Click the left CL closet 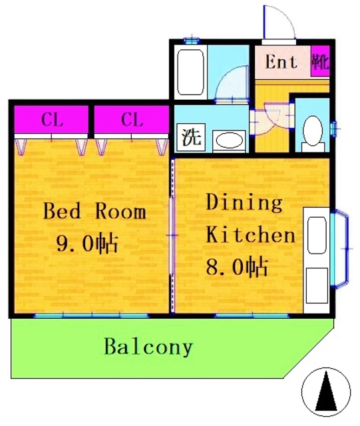(x=52, y=120)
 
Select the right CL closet (x=132, y=120)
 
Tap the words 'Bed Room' (x=94, y=212)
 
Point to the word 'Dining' (x=244, y=202)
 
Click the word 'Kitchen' (x=250, y=235)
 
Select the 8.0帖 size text (x=236, y=268)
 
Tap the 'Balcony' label (x=148, y=347)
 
